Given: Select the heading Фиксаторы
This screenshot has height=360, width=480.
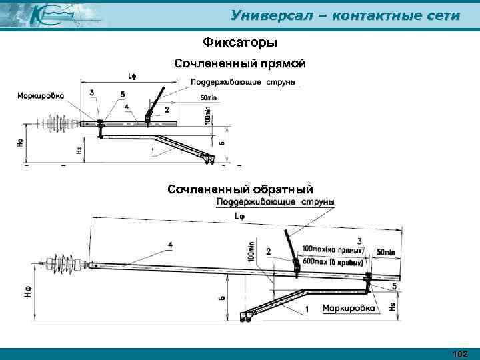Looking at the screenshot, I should pyautogui.click(x=239, y=43).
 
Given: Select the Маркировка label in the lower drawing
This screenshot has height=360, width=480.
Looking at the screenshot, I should pyautogui.click(x=349, y=309).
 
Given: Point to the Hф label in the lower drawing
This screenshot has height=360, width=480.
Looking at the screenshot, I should pyautogui.click(x=29, y=291).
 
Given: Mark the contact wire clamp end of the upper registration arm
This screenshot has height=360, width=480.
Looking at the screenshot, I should pyautogui.click(x=208, y=158).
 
